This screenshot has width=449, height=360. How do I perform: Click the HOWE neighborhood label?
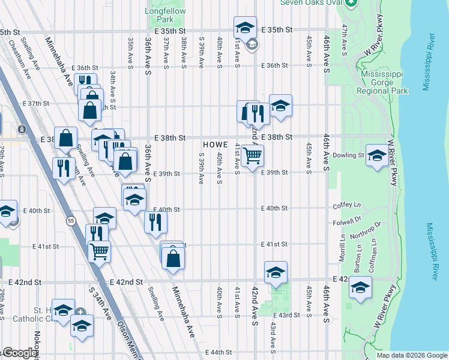click(x=215, y=145)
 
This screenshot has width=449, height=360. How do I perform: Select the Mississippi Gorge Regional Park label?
click(x=382, y=82)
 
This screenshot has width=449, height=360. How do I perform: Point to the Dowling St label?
click(x=353, y=155)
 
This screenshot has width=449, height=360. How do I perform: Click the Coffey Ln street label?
click(x=346, y=206)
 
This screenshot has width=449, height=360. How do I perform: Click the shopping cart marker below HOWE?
click(x=253, y=155)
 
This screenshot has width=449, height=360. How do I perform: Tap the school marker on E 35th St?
click(x=245, y=28)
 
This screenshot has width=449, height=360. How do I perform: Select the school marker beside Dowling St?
click(x=376, y=155)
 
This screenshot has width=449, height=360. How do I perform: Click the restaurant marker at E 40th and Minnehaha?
click(x=156, y=222)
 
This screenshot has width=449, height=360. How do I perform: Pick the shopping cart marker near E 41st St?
click(x=99, y=251)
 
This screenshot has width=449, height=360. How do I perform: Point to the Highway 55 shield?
click(x=71, y=221)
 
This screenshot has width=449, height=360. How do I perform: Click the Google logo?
click(x=19, y=353)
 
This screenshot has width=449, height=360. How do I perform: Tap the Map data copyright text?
click(x=411, y=355)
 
